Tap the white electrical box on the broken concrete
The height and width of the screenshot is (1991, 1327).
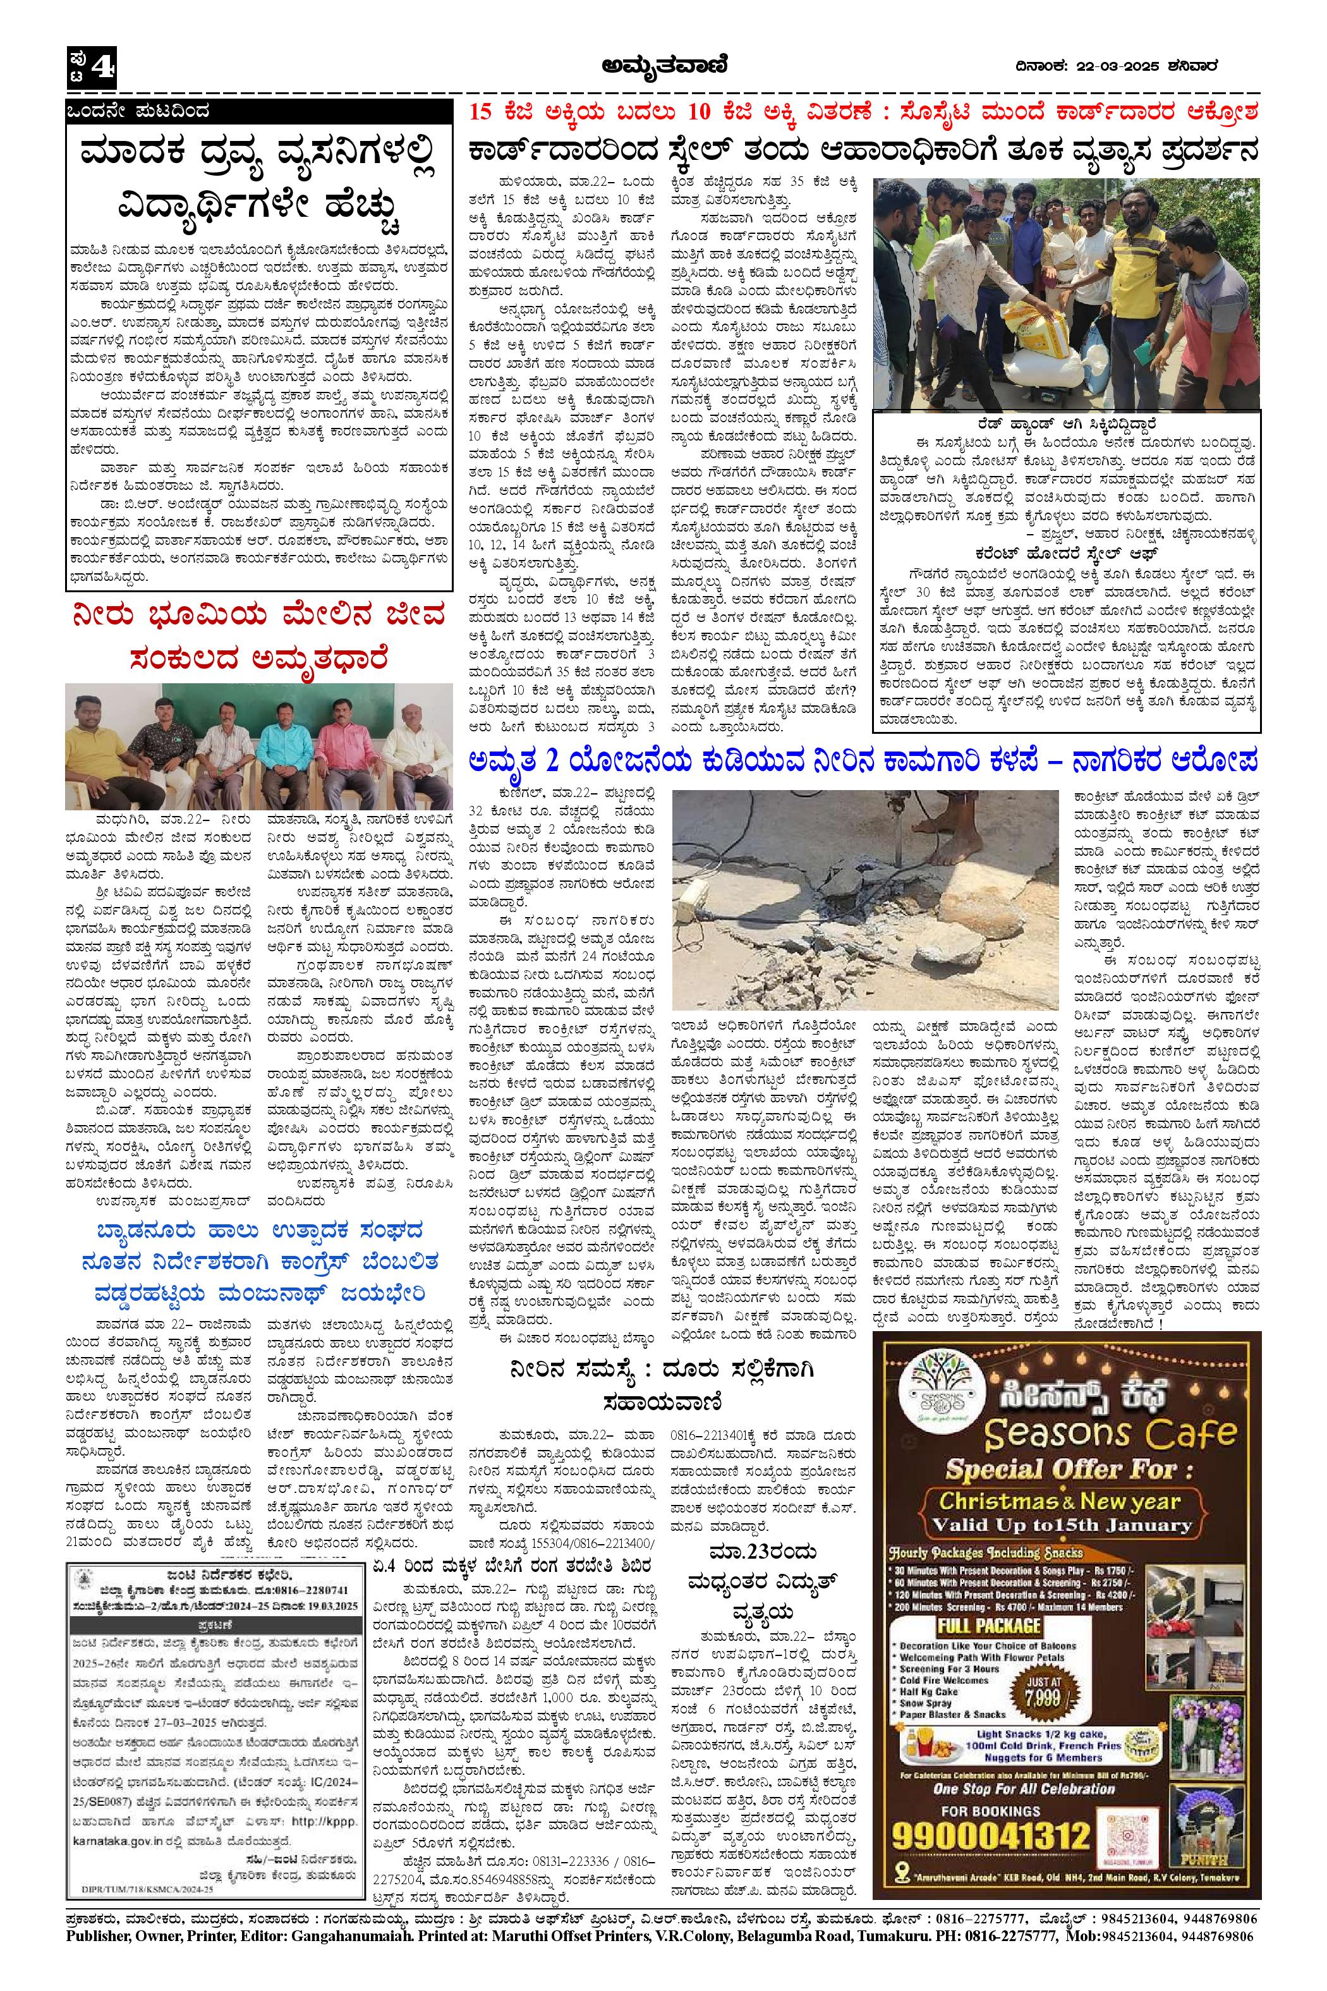[x=705, y=888]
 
